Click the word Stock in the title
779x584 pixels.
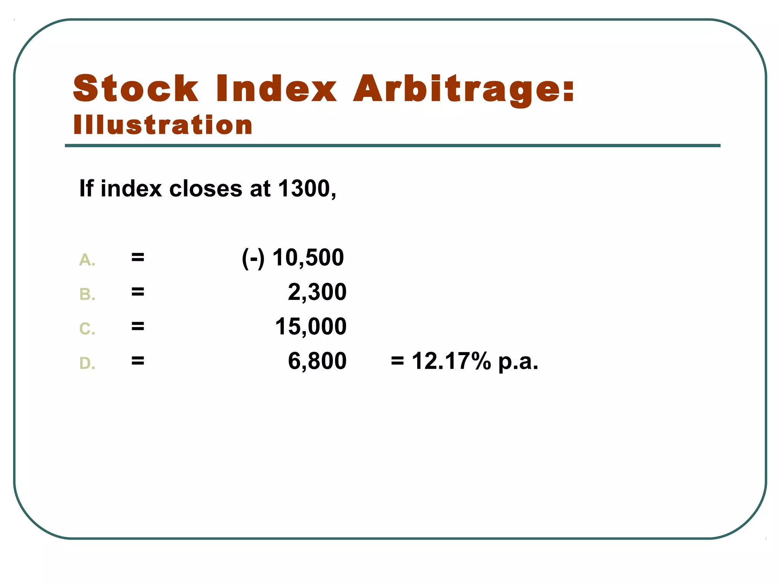click(136, 89)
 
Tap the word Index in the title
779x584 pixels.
click(277, 89)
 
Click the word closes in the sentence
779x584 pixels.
click(205, 189)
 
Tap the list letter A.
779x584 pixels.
click(86, 260)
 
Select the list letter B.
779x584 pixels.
click(86, 295)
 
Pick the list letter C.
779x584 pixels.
click(86, 329)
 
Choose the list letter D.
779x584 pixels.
click(86, 363)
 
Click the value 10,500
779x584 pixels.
click(308, 258)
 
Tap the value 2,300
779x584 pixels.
click(317, 292)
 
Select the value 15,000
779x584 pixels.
click(311, 327)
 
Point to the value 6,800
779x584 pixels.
click(317, 361)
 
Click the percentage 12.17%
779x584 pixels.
click(452, 361)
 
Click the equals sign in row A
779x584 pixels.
click(138, 257)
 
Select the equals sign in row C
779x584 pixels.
click(138, 326)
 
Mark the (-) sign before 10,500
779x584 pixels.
click(253, 258)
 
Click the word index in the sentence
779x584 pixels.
click(131, 189)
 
